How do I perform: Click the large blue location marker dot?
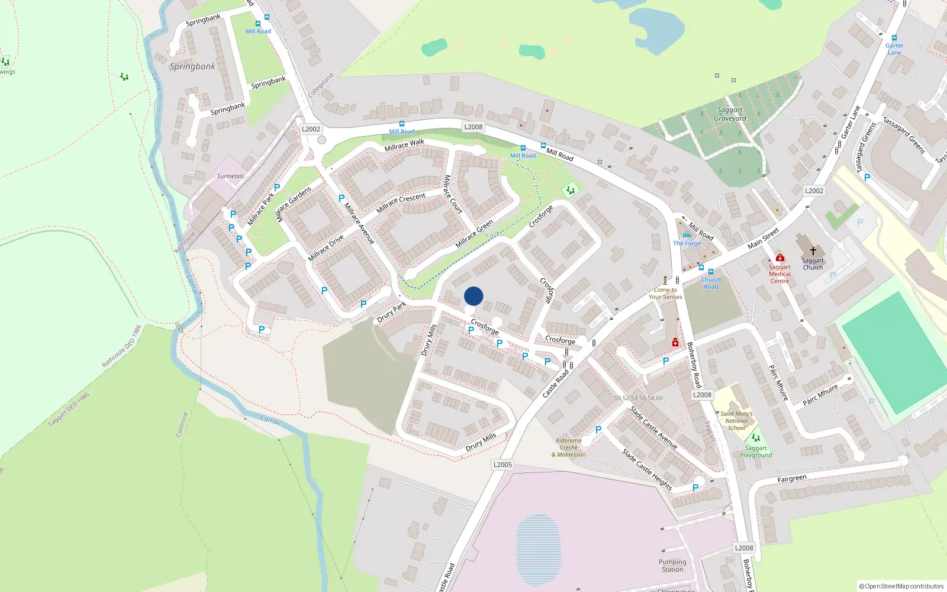[x=474, y=296]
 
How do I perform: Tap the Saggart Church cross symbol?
[x=813, y=251]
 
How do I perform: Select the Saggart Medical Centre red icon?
[x=780, y=258]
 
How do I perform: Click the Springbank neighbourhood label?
[x=192, y=66]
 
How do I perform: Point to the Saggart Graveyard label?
[x=730, y=114]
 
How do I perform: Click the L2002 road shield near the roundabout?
[x=311, y=129]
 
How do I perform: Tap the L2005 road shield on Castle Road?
[x=503, y=465]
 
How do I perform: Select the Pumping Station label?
[x=672, y=566]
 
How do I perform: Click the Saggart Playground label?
[x=756, y=452]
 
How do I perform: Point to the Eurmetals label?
[x=230, y=176]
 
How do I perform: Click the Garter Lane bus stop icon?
[x=894, y=38]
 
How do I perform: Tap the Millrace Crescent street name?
[x=401, y=203]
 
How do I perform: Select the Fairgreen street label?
[x=792, y=479]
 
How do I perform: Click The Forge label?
[x=687, y=243]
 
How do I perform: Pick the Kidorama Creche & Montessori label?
[x=569, y=448]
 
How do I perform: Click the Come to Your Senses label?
[x=665, y=294]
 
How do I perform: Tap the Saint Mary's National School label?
[x=736, y=421]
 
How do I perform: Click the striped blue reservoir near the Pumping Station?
[x=539, y=550]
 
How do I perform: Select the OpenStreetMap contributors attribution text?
[x=901, y=587]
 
